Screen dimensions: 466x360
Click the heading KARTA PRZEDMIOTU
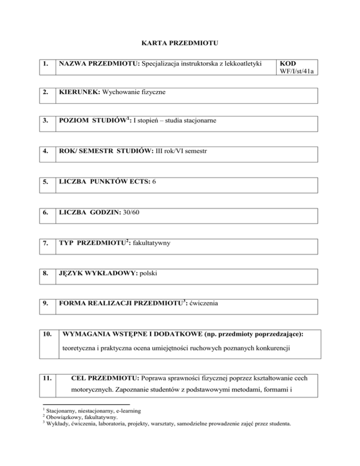[180, 44]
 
